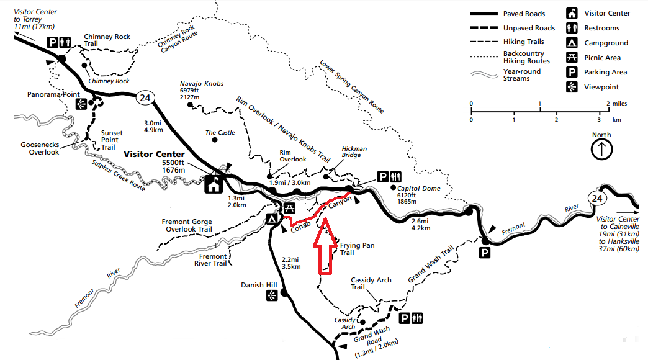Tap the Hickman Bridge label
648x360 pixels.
(x=354, y=153)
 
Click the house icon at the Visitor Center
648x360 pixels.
(x=214, y=184)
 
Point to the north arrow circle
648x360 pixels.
(x=601, y=150)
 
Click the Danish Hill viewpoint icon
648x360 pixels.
(x=271, y=297)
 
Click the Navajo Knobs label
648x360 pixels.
(x=202, y=83)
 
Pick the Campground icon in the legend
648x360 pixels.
(x=571, y=43)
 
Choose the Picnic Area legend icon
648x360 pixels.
(x=571, y=58)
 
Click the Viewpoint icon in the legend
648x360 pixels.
(x=571, y=87)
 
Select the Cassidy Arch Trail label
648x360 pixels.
(x=371, y=284)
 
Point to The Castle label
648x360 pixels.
(x=220, y=133)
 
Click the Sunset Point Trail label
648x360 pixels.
(x=112, y=140)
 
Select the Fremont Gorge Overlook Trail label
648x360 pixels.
(x=187, y=225)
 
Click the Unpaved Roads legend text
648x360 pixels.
(x=529, y=28)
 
